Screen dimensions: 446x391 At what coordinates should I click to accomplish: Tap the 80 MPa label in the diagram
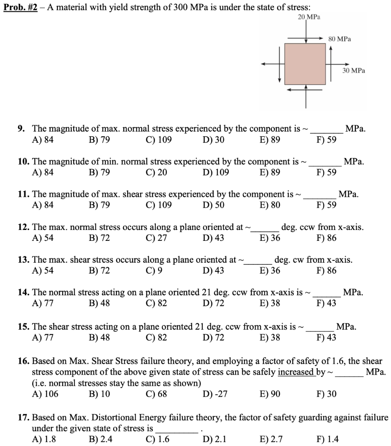coord(340,39)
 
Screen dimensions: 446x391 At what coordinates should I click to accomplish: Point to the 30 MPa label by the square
coord(354,70)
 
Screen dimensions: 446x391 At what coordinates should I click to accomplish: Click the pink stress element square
coord(305,64)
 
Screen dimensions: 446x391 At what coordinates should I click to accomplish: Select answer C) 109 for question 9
coord(159,140)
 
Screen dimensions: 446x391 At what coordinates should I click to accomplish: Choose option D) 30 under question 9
coord(213,140)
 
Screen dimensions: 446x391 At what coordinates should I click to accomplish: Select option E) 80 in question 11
coord(270,205)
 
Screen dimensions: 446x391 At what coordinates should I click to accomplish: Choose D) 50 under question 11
coord(213,205)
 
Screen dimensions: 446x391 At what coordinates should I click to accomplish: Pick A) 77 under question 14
coord(43,304)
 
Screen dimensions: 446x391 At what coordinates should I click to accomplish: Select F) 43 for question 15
coord(326,336)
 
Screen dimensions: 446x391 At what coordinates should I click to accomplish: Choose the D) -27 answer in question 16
coord(215,394)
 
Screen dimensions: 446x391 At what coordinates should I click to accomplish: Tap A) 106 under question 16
coord(45,394)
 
